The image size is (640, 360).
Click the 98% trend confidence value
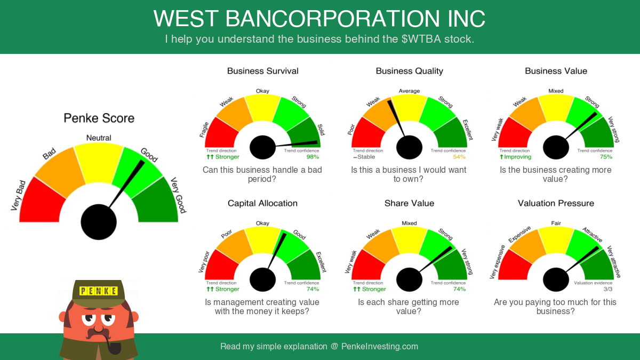313,157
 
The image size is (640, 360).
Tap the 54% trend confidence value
459,157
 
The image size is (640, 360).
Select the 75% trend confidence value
606,157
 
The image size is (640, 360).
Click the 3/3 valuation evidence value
607,289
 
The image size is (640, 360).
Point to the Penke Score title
99,118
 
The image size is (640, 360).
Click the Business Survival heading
262,71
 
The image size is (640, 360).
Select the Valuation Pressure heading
556,203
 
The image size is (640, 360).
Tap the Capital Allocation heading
262,203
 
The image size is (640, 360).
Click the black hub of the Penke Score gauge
99,222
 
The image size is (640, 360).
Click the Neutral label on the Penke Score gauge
99,138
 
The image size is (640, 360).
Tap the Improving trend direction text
515,157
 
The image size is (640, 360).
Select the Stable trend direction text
364,157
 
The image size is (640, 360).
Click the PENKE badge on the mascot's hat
98,291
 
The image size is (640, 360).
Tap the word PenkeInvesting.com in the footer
379,347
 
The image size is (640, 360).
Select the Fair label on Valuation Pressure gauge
556,223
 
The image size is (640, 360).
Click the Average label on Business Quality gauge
409,91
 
